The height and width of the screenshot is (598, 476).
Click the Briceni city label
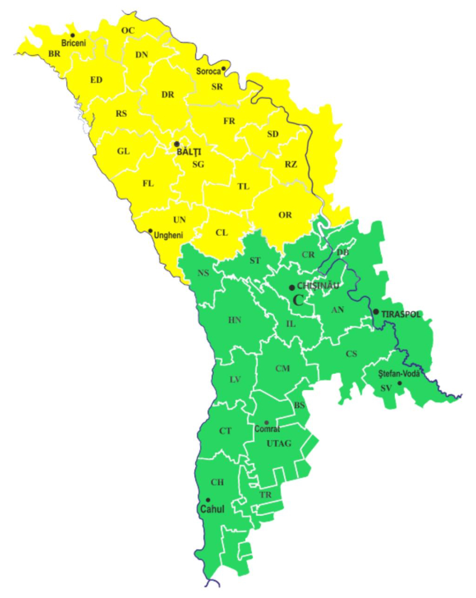(74, 44)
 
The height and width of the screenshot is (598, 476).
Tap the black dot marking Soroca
(223, 69)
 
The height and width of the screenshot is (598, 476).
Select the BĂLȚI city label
(189, 151)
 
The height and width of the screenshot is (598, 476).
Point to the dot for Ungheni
(150, 230)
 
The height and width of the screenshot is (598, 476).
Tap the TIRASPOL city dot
(376, 312)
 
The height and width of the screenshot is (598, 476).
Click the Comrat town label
(266, 429)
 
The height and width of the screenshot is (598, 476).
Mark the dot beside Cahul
(208, 500)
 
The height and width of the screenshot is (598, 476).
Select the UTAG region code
(279, 443)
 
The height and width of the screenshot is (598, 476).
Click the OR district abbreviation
(285, 215)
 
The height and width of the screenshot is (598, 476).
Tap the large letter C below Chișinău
(299, 300)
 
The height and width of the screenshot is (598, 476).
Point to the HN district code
(235, 320)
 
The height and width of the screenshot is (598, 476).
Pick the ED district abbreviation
(96, 79)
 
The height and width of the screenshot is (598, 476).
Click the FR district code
(229, 121)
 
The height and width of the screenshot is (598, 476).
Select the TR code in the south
(265, 495)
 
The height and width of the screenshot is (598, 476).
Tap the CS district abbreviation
(351, 353)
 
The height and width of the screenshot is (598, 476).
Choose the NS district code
(203, 273)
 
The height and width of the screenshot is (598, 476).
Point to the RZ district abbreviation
(291, 164)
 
